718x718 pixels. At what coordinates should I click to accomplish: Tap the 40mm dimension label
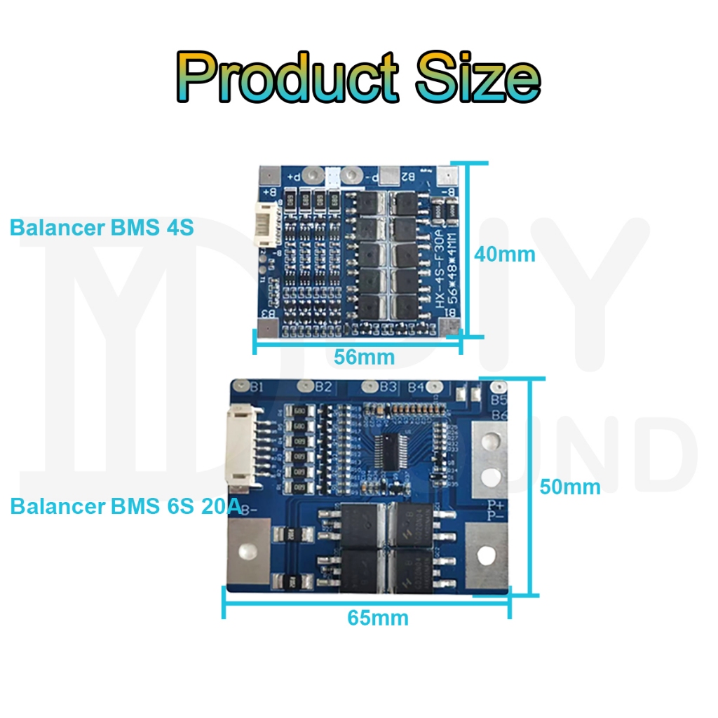pos(504,254)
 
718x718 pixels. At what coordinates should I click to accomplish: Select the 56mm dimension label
pos(364,357)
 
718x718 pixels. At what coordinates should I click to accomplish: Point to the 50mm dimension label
pos(569,487)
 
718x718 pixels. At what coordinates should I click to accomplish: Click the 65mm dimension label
pos(377,618)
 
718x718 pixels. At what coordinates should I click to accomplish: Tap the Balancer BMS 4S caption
pos(101,228)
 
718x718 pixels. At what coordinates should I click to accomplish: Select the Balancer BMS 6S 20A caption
pos(126,506)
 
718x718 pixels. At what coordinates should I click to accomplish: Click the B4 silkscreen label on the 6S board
pos(416,387)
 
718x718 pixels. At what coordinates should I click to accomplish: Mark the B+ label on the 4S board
pos(269,192)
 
